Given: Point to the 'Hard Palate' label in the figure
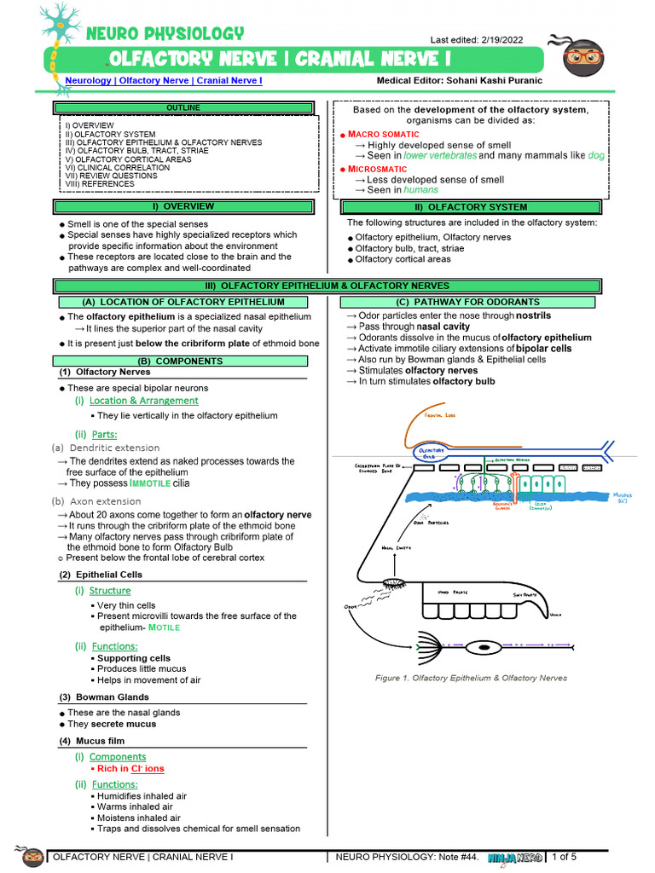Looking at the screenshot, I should click(x=455, y=592).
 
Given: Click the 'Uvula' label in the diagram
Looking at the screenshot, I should click(x=556, y=614).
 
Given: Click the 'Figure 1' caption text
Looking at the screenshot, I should click(x=471, y=679).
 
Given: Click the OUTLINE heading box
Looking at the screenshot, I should click(x=183, y=108).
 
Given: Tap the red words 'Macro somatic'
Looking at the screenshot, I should click(x=384, y=135).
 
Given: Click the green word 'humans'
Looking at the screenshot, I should click(x=421, y=190).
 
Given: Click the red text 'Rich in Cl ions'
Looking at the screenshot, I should click(x=130, y=769).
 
